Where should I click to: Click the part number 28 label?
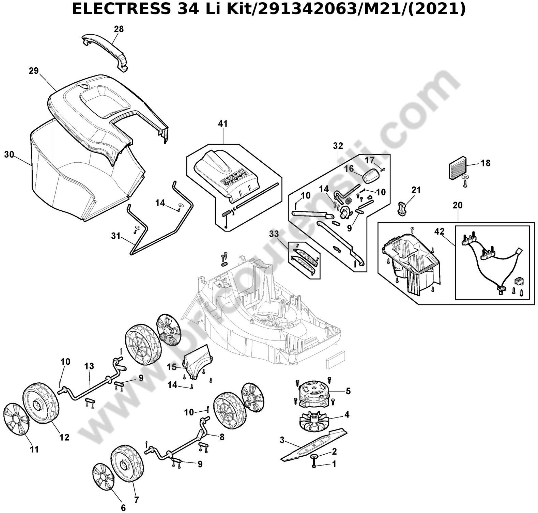point(119,29)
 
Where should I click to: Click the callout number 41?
point(223,124)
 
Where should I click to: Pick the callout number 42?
point(439,232)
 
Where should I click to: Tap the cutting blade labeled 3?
point(313,446)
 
